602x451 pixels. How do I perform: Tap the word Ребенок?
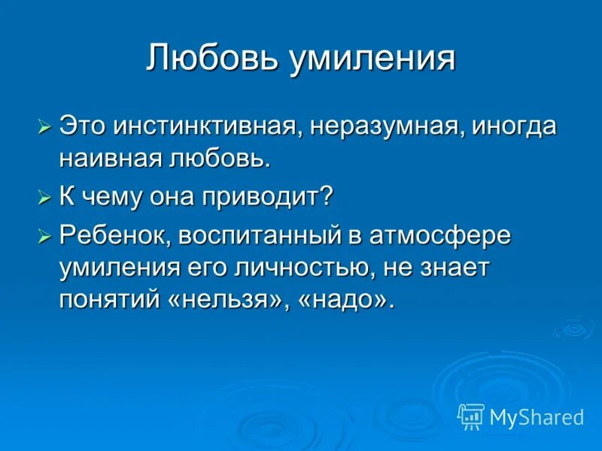[x=117, y=236]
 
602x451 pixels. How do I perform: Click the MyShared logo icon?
[x=470, y=415]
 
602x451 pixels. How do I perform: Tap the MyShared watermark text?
[x=537, y=416]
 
